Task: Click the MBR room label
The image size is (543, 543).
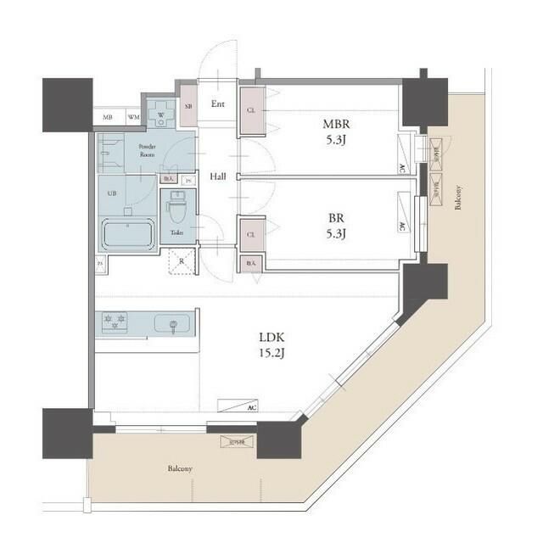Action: (331, 123)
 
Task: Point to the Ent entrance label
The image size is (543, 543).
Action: (217, 104)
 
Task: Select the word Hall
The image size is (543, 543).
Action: (217, 176)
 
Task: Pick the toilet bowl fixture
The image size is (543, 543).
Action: (178, 207)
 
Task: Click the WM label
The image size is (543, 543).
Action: (133, 117)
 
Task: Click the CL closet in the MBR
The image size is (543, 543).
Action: (251, 110)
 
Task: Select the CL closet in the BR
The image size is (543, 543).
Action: (251, 234)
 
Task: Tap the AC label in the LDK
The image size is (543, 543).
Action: (252, 408)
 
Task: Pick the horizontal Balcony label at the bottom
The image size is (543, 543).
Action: (179, 468)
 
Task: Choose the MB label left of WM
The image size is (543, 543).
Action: (108, 117)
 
